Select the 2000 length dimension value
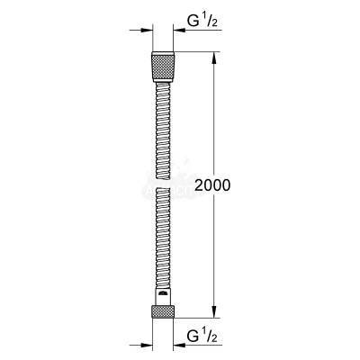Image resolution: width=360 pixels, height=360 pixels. click(x=212, y=185)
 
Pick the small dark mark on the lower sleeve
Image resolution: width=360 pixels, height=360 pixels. click(x=162, y=292)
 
